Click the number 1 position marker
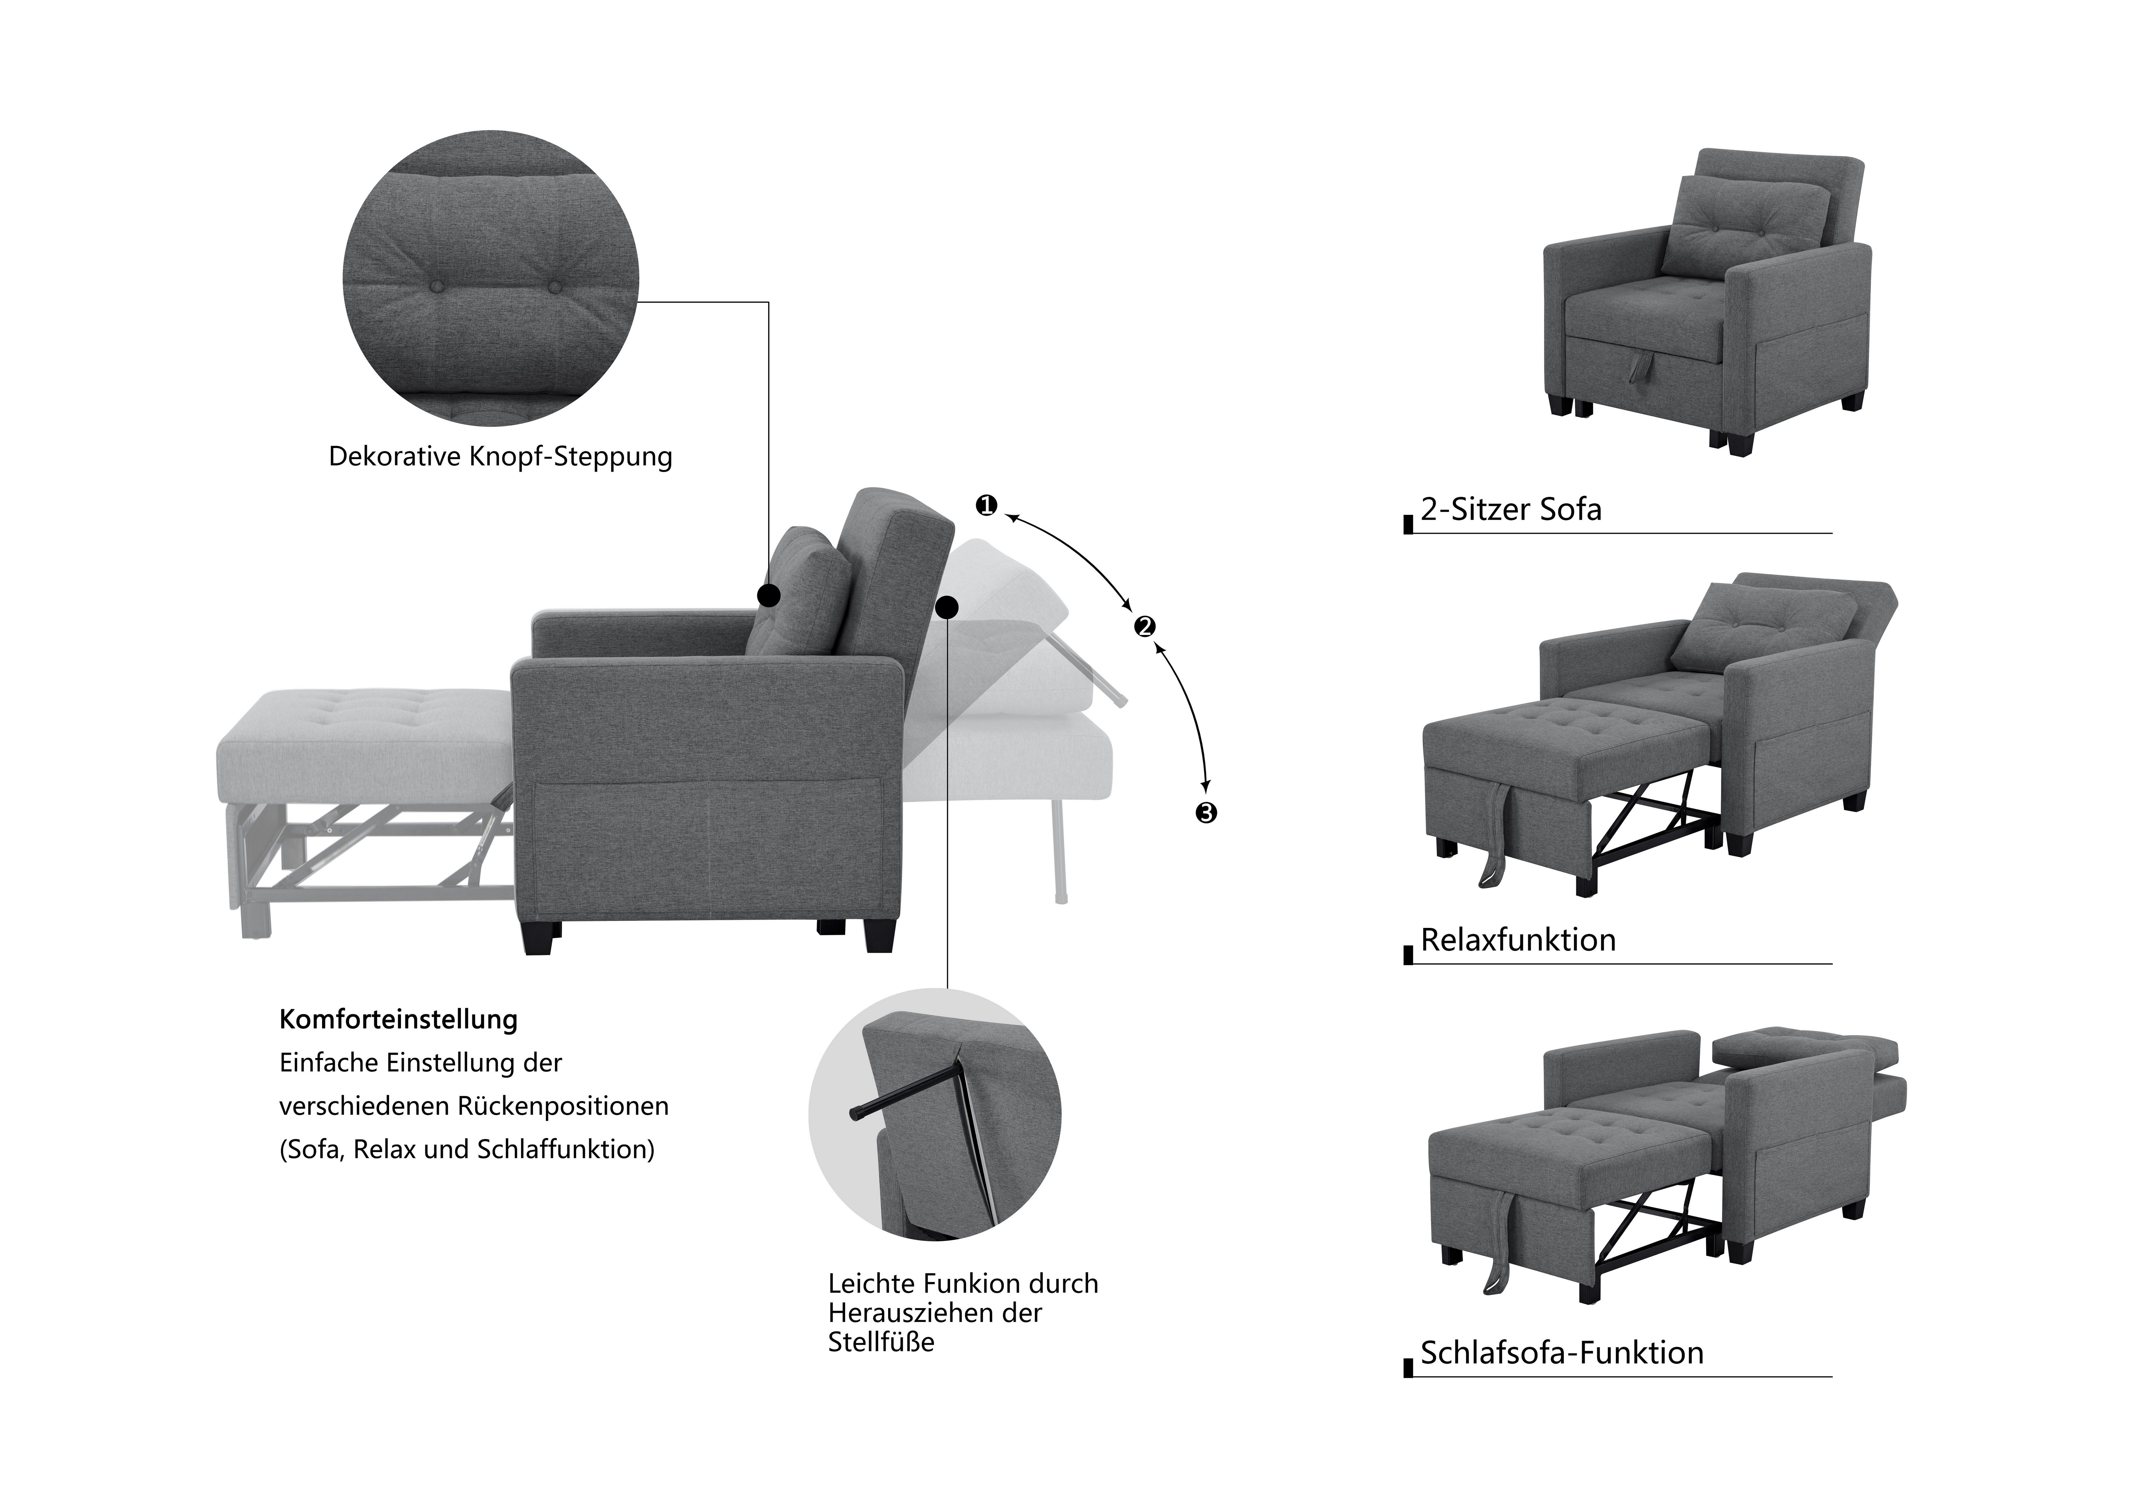(x=986, y=506)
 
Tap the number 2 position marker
(x=1145, y=626)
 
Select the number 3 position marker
(x=1206, y=813)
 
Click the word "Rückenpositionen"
(x=563, y=1107)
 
